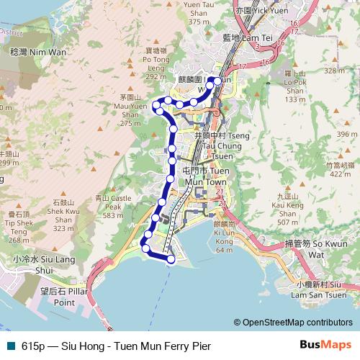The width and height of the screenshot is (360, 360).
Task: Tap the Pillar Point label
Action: (x=59, y=297)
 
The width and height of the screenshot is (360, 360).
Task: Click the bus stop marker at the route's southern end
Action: (x=171, y=258)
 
